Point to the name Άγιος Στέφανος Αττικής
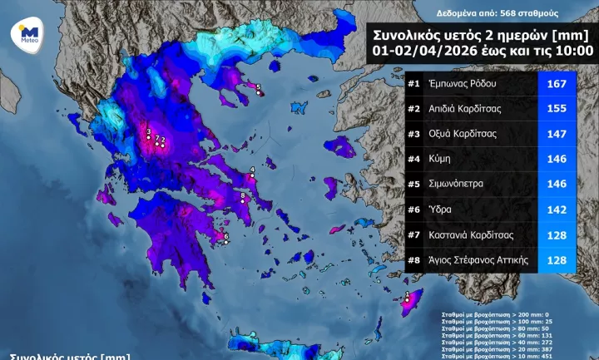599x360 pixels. coord(478,260)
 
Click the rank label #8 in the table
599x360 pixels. coord(413,260)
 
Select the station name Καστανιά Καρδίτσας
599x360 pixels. coord(470,234)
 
